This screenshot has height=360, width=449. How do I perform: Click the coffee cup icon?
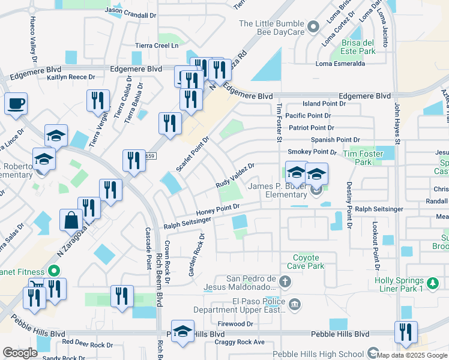coord(16,103)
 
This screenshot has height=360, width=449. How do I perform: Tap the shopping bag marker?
coord(71,220)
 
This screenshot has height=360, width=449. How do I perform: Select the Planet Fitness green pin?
coord(53,271)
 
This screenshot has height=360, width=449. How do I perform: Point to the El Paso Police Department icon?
coord(295,304)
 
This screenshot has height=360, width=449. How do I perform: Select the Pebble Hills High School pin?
coord(372,353)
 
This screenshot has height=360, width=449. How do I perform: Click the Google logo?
coord(20,352)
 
